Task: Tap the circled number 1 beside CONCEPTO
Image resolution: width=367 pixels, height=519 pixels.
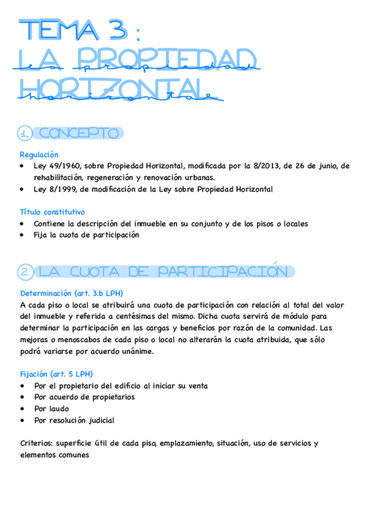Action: tap(25, 133)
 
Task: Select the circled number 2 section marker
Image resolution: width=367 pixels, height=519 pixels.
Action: tap(25, 272)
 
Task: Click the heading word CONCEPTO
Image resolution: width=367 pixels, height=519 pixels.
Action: tap(78, 133)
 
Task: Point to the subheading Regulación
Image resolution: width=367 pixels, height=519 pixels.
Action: tap(39, 155)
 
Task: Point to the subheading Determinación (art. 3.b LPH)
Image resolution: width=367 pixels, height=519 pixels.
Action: tap(75, 293)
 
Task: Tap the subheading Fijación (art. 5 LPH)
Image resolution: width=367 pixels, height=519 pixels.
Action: tap(56, 374)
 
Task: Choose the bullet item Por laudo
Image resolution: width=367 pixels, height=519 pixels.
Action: tap(51, 408)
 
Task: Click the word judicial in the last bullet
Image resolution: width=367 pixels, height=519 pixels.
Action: tap(100, 420)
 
